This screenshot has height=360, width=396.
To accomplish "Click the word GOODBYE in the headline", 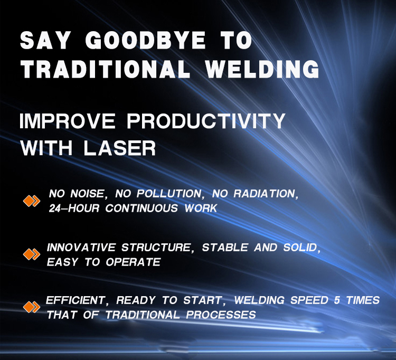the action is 146,40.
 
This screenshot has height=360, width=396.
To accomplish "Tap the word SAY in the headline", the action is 45,40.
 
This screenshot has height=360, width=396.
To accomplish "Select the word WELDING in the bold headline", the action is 262,69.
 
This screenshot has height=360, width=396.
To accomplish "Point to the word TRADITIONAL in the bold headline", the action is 105,69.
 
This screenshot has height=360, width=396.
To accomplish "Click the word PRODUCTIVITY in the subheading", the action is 206,121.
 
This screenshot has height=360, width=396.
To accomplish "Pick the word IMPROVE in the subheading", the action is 67,121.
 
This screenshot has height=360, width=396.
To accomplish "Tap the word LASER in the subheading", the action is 120,148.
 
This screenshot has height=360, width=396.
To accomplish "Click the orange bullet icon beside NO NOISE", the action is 32,201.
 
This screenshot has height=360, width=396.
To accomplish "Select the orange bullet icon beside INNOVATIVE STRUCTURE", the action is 32,254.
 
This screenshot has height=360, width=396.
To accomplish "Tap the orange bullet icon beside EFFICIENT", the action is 32,307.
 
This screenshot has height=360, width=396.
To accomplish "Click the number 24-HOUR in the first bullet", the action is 74,209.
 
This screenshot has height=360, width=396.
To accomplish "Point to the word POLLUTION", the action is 169,194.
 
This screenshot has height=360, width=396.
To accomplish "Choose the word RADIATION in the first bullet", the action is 264,194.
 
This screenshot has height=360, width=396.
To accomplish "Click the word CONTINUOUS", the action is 142,209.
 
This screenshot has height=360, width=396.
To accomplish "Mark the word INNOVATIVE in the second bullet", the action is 81,248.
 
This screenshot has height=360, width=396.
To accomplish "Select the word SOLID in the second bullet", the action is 300,248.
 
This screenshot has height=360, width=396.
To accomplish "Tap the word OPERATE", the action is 133,262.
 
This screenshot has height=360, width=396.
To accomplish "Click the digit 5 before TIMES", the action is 337,300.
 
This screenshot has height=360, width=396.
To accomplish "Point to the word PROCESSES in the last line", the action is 221,315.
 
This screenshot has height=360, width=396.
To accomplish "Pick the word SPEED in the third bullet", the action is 309,300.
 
